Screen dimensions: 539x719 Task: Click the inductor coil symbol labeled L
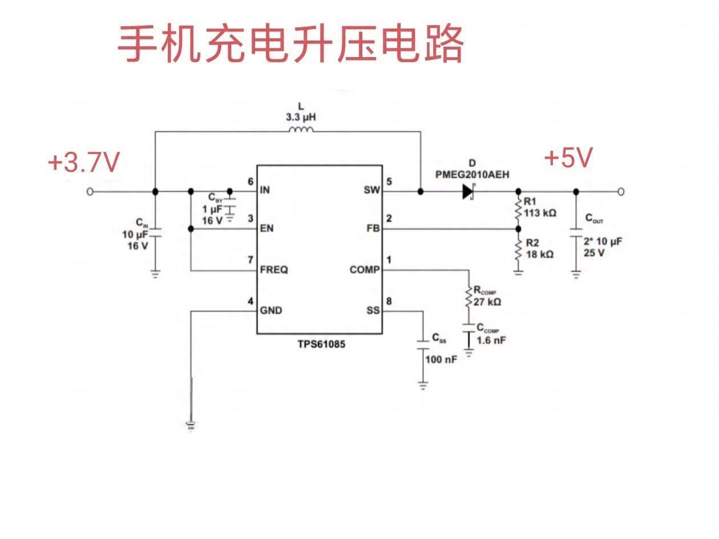(x=301, y=131)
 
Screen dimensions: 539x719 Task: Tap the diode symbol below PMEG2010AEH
(x=468, y=191)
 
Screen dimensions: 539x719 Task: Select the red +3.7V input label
(x=84, y=163)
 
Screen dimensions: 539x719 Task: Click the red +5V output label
(x=568, y=158)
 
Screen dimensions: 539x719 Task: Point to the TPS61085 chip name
(x=321, y=344)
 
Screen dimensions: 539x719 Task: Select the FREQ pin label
(x=274, y=269)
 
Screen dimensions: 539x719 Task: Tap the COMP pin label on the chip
(x=364, y=269)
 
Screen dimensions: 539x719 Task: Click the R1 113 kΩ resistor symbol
(x=518, y=211)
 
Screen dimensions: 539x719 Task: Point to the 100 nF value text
(x=441, y=360)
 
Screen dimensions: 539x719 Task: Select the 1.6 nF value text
(x=491, y=340)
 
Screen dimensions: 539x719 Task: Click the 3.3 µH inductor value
(x=301, y=117)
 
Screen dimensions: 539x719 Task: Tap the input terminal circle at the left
(x=90, y=191)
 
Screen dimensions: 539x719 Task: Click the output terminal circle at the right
(x=621, y=191)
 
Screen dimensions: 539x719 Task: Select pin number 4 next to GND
(x=250, y=301)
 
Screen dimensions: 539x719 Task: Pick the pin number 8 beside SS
(x=389, y=301)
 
